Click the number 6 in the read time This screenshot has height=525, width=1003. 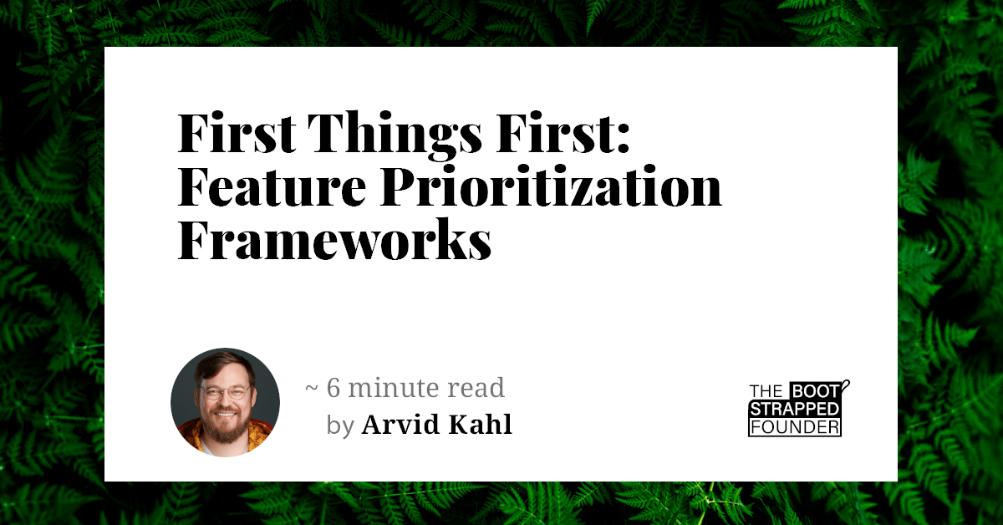click(x=333, y=388)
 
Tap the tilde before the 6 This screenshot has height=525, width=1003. click(x=311, y=390)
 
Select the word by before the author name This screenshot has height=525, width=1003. click(x=340, y=426)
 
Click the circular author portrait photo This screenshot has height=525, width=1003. click(x=225, y=402)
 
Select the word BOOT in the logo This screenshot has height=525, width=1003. click(x=811, y=391)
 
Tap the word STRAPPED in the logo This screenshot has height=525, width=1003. click(x=793, y=409)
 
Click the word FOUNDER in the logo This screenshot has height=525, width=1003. click(x=793, y=427)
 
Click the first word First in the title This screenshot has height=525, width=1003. click(x=236, y=135)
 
